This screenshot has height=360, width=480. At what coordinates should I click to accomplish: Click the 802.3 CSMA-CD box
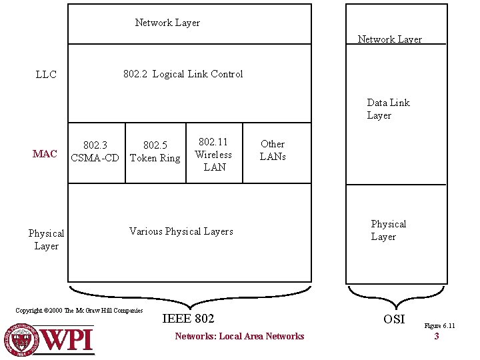point(95,151)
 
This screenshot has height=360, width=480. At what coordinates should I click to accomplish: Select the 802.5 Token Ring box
point(155,151)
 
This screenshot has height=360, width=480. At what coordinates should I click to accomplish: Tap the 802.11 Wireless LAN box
point(213,154)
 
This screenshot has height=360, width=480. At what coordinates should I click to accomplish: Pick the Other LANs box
point(273,150)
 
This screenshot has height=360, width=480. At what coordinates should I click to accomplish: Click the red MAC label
point(45,154)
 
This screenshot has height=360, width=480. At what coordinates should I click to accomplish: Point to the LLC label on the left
point(46,75)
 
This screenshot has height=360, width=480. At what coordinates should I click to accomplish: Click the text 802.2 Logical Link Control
point(183,74)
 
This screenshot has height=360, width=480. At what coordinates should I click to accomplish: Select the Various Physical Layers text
point(181,231)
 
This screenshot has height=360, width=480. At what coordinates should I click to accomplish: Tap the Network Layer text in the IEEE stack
point(167,23)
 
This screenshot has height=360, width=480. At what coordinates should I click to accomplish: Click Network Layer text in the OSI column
point(389,39)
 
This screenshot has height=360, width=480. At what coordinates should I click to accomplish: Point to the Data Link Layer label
point(388,109)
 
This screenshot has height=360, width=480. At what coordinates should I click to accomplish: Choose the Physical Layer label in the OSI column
point(388,230)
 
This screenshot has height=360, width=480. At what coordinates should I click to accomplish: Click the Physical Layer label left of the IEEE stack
point(46,239)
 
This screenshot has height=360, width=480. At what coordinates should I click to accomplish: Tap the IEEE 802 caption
point(189,319)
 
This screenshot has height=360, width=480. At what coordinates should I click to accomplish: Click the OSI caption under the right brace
point(394,319)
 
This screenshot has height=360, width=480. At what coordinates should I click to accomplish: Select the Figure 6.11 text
point(439,326)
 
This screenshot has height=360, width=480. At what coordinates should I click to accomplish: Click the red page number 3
point(437,337)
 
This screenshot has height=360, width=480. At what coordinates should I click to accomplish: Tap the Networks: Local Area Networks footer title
point(239,337)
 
